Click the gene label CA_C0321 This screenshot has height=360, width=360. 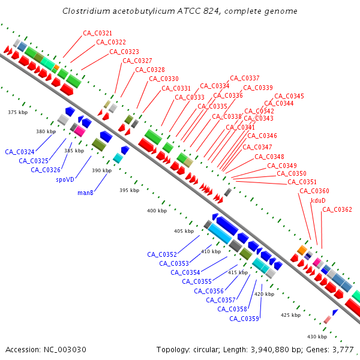(97, 33)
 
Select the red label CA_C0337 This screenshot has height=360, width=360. (245, 78)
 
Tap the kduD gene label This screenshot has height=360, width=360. (318, 200)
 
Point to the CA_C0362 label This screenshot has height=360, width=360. (337, 209)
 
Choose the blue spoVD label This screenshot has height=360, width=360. (65, 179)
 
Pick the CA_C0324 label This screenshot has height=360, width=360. (20, 152)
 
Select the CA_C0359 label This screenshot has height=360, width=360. (244, 319)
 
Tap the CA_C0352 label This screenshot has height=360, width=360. (162, 254)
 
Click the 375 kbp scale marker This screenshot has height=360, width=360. (18, 112)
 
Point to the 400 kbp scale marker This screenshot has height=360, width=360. (157, 211)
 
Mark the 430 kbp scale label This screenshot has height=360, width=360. (316, 336)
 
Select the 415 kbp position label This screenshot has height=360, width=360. (238, 272)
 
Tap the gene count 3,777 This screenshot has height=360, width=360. (343, 349)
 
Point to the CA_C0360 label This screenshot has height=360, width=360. (314, 191)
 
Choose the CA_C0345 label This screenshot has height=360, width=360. (289, 96)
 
